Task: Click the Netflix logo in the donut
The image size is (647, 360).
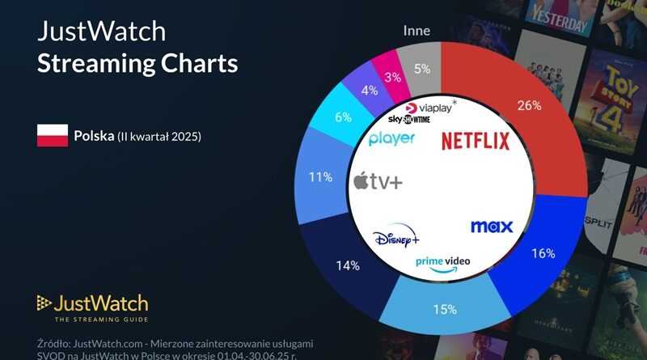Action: tap(475, 142)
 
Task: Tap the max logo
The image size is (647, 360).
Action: tap(491, 227)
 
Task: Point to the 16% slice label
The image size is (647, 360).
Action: tap(543, 253)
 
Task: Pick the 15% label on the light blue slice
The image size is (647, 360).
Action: tap(445, 309)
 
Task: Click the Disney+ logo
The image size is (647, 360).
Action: tap(396, 239)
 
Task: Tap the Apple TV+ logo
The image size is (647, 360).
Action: tap(378, 180)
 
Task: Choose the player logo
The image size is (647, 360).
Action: tap(391, 138)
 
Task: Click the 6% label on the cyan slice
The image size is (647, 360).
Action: tap(344, 117)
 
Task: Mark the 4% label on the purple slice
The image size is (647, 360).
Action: tap(370, 90)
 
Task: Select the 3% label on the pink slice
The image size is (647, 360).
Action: tap(394, 78)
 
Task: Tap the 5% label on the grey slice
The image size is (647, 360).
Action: tap(422, 69)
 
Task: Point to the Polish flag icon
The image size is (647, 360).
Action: tap(52, 136)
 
